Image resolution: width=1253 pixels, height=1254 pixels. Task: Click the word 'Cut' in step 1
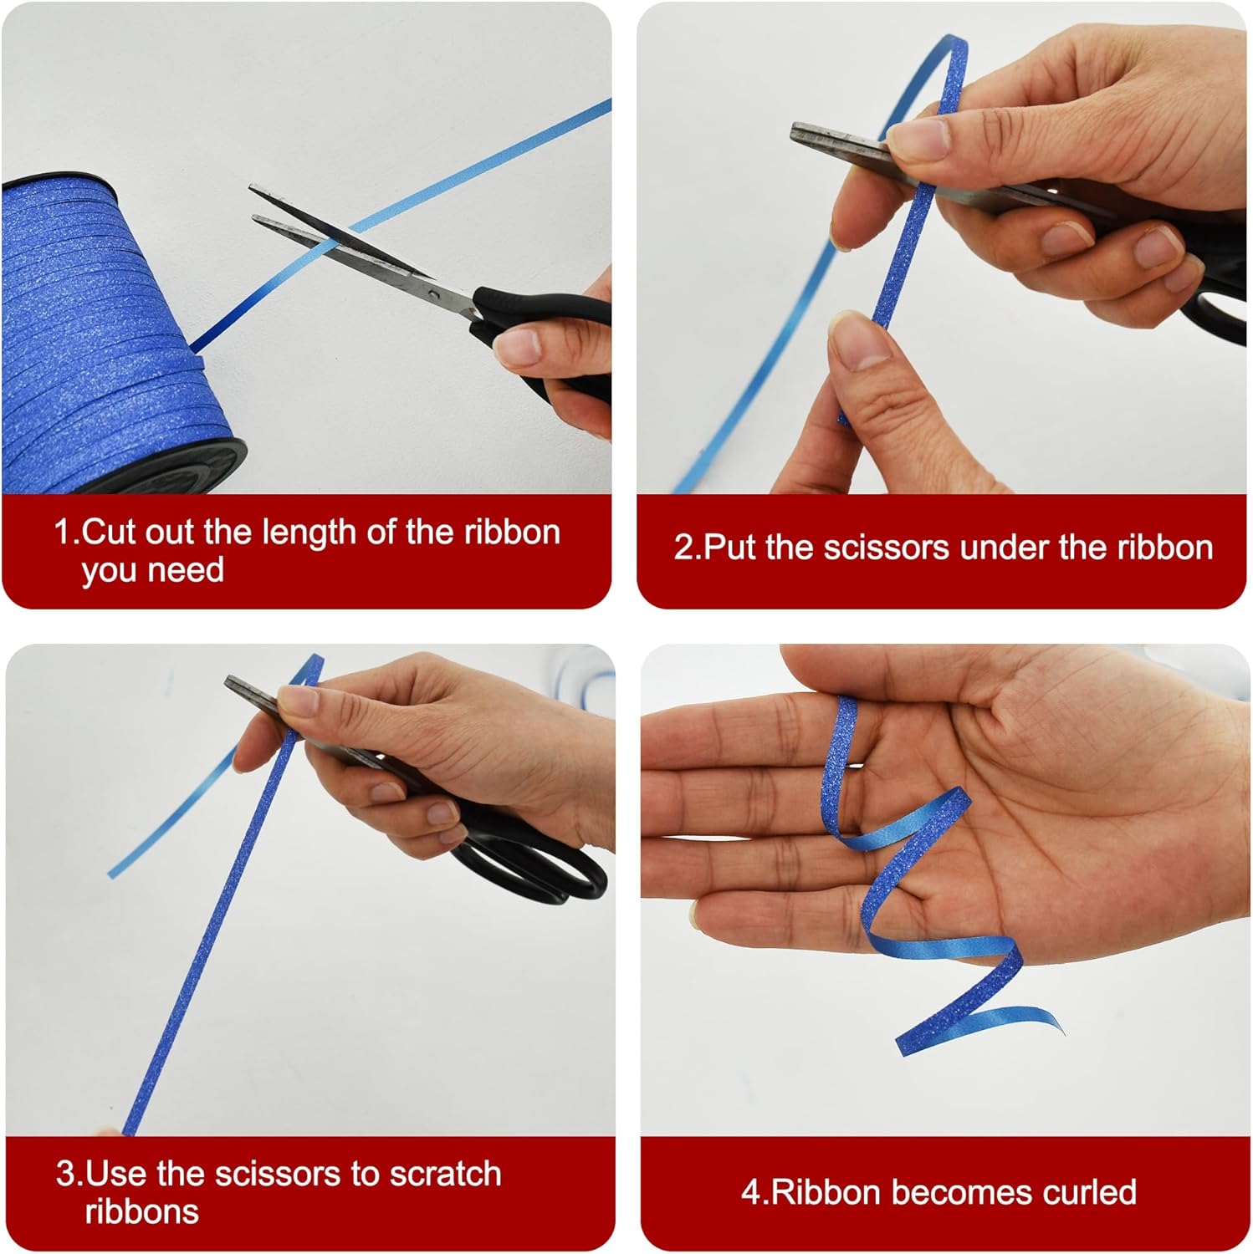pyautogui.click(x=110, y=532)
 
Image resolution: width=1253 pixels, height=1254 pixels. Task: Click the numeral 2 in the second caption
pyautogui.click(x=683, y=548)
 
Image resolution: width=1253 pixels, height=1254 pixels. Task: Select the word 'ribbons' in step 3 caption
pyautogui.click(x=142, y=1211)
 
